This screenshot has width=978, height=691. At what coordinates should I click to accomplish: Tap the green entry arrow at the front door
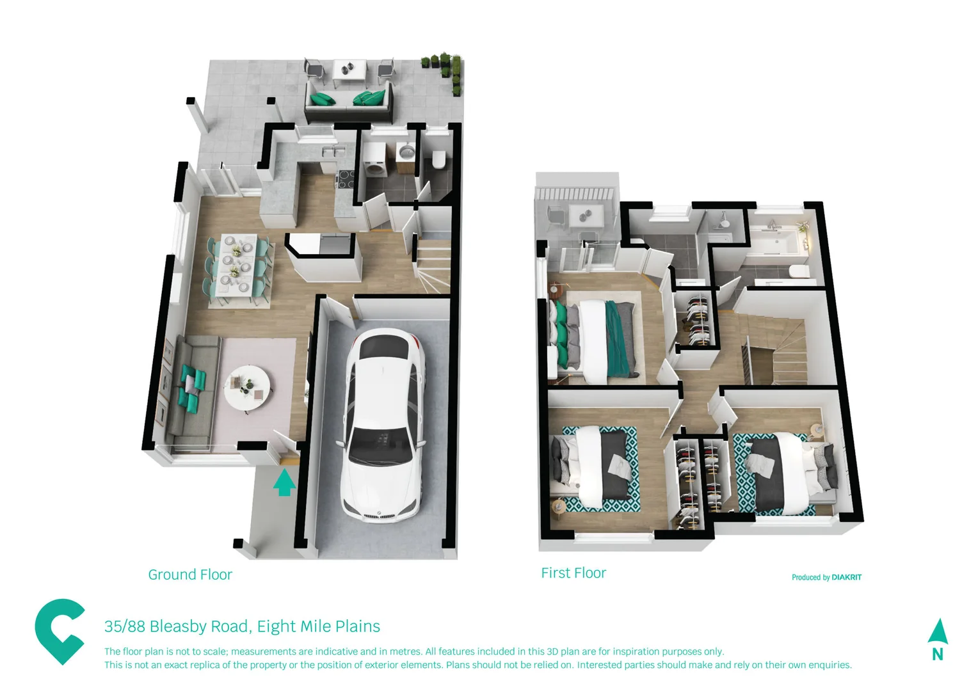[x=284, y=482]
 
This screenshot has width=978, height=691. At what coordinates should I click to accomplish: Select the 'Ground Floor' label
[x=190, y=575]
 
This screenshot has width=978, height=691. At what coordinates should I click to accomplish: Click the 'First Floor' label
[x=573, y=573]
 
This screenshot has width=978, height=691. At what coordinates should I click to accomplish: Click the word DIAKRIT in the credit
[x=846, y=577]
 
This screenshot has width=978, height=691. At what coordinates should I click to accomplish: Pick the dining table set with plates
[x=237, y=268]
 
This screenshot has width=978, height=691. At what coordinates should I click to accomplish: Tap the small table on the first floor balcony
[x=587, y=215]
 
